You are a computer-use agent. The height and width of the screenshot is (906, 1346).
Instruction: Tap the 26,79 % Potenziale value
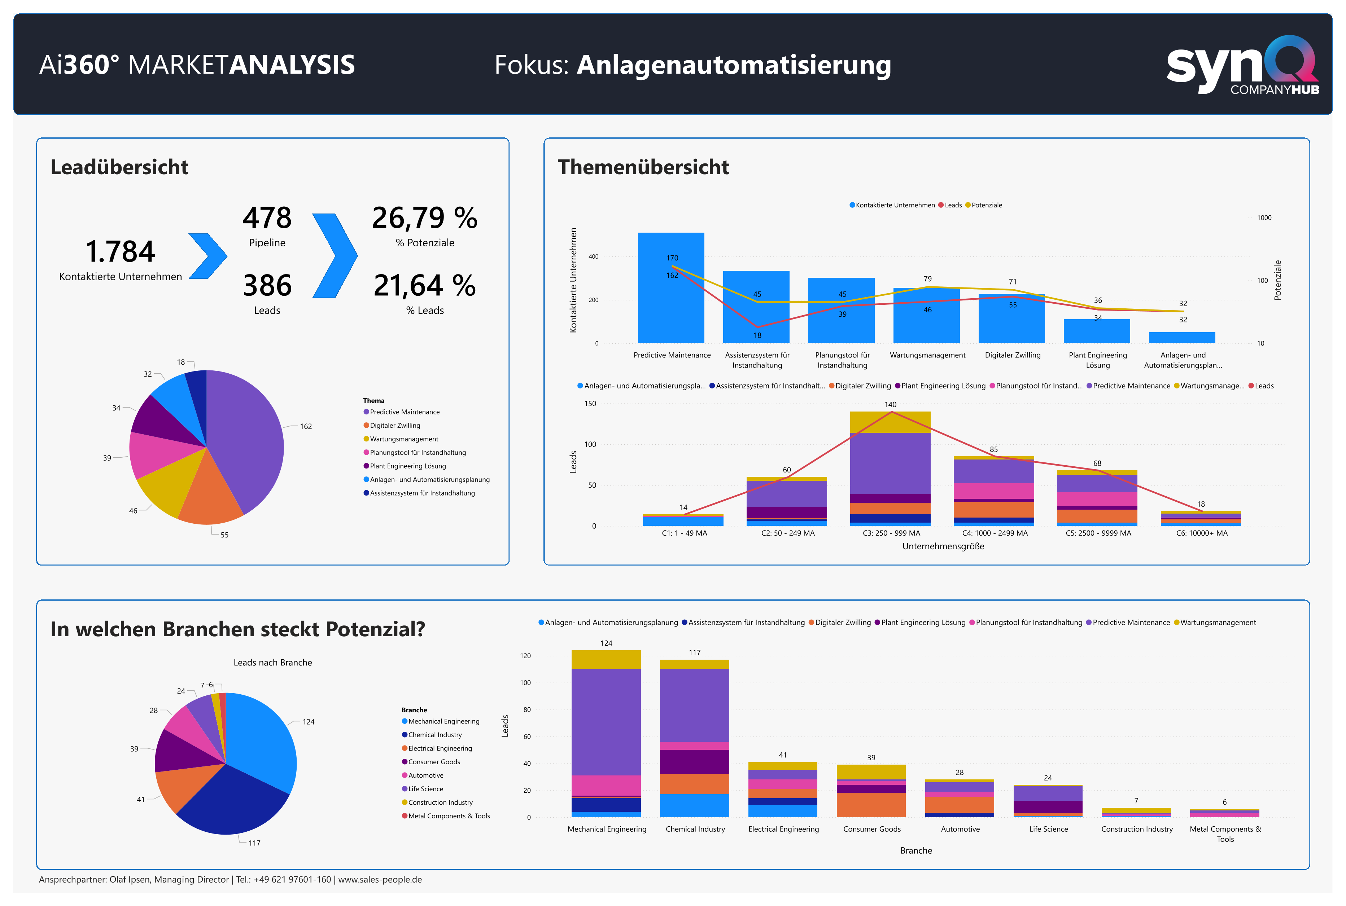coord(425,219)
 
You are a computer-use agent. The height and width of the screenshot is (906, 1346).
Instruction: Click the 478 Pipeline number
coord(267,219)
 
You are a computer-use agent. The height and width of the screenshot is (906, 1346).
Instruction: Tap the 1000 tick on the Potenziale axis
coord(1264,218)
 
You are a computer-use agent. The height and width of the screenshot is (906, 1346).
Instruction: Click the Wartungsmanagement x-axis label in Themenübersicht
coord(927,355)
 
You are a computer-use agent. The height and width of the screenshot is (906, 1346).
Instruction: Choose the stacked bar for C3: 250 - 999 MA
coord(890,468)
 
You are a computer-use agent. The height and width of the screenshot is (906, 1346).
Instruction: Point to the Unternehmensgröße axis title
coord(943,547)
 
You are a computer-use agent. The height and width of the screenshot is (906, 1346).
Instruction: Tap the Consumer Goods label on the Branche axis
coord(871,829)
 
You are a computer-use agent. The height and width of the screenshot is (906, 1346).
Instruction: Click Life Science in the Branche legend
coord(425,789)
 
